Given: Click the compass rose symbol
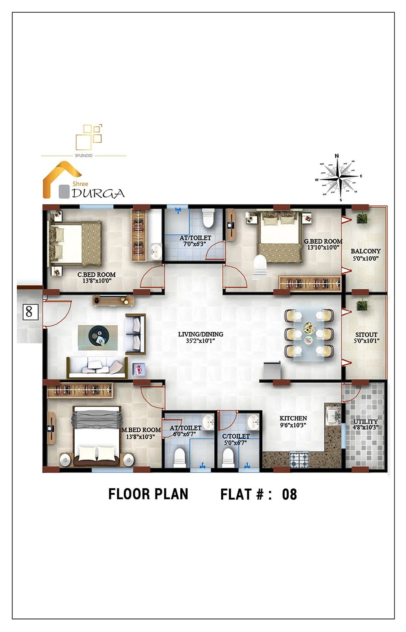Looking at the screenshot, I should [339, 177].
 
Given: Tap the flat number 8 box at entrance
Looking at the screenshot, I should [29, 312].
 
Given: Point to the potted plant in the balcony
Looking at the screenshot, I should [362, 219].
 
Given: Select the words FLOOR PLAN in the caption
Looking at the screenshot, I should [148, 494].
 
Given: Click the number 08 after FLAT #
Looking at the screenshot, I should [289, 494].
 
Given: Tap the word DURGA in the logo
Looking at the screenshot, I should [98, 193].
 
